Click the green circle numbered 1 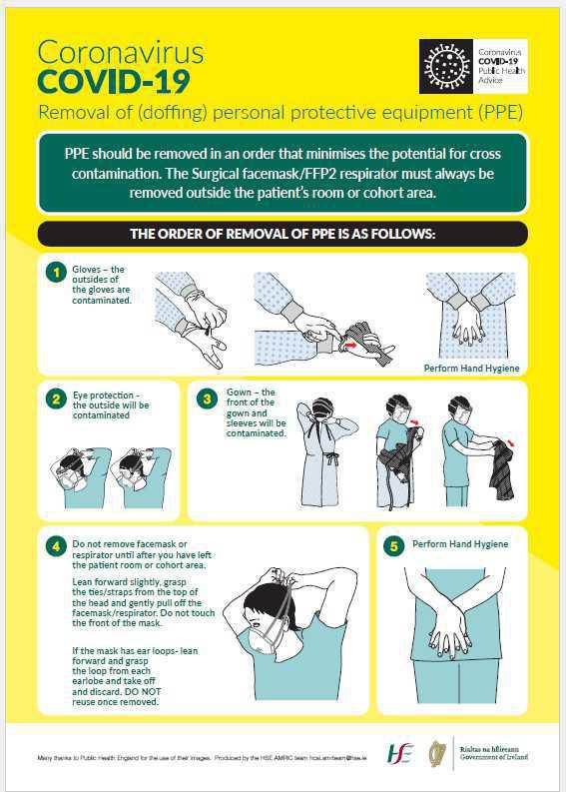pos(57,271)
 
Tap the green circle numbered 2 pos(57,399)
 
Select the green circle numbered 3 pos(207,398)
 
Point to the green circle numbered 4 pos(57,545)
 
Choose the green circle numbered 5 pos(393,545)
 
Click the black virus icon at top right pos(445,66)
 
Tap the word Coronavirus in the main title pos(120,52)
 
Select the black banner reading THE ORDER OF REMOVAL pos(283,234)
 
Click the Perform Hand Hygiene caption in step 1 pos(471,368)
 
